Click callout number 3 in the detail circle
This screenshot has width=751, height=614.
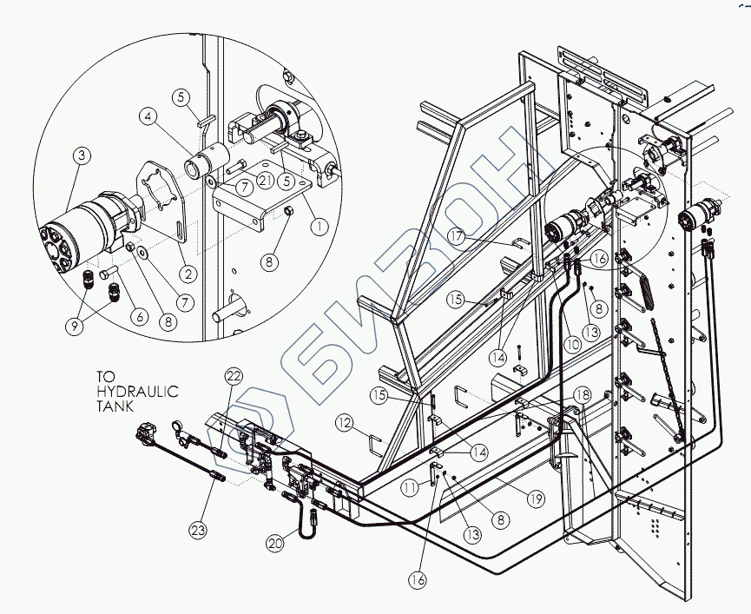click(x=82, y=155)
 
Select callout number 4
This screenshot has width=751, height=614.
click(x=148, y=117)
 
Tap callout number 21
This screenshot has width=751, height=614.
click(x=265, y=181)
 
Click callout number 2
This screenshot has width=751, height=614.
click(x=188, y=274)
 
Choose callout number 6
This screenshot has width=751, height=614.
click(x=140, y=317)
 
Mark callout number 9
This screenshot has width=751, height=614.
click(x=76, y=327)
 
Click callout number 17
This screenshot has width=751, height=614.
click(x=458, y=235)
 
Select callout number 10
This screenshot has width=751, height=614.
click(x=572, y=344)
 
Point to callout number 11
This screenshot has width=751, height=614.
click(x=410, y=488)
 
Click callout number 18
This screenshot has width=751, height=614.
click(x=583, y=395)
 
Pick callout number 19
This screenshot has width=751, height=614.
click(x=536, y=499)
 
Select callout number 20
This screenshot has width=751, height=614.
click(x=276, y=544)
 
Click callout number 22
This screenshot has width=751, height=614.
click(x=234, y=376)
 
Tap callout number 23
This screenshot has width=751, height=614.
click(x=198, y=530)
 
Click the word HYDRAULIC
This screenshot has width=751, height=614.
click(x=137, y=392)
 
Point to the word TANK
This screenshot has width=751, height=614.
click(x=115, y=406)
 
